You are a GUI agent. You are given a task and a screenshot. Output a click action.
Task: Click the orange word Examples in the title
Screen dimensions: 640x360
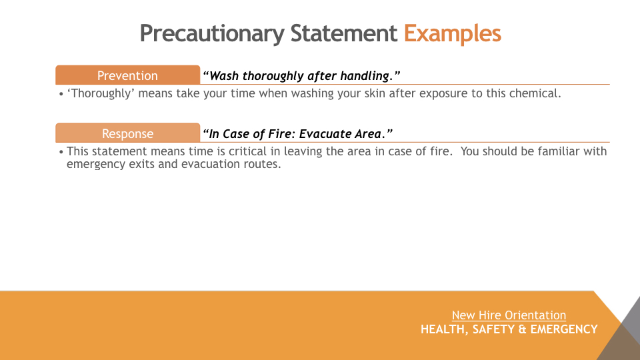452,34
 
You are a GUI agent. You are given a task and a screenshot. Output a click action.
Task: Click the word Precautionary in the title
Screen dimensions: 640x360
212,34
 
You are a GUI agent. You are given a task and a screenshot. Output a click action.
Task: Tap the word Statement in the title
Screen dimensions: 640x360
344,33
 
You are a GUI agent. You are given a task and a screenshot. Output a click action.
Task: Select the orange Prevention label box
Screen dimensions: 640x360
128,75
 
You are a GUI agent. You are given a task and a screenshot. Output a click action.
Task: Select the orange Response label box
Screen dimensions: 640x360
128,133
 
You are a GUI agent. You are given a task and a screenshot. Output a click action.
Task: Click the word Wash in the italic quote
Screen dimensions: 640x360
224,75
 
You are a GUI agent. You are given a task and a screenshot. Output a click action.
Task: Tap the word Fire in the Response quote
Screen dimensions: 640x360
279,133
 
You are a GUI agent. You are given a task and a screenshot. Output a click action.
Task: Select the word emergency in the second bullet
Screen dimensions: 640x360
96,165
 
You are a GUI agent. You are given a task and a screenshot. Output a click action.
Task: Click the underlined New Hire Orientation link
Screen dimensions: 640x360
509,315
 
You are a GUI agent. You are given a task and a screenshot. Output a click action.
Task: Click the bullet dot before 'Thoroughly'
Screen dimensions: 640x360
61,94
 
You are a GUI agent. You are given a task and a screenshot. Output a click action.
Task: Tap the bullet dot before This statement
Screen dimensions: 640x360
61,152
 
